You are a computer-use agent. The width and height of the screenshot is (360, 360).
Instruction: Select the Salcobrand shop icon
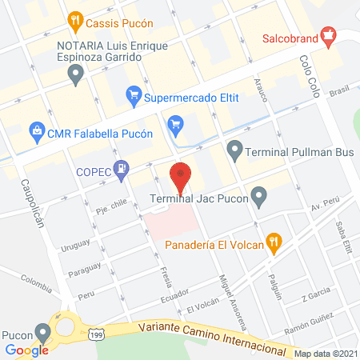(x=326, y=36)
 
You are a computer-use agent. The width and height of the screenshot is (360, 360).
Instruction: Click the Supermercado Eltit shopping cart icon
(x=134, y=98)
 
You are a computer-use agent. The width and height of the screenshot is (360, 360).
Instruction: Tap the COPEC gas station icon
(x=121, y=170)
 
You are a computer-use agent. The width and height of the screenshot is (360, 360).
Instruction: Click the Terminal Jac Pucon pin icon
(x=258, y=196)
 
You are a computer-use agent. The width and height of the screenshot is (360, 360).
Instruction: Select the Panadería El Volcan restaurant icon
(x=274, y=242)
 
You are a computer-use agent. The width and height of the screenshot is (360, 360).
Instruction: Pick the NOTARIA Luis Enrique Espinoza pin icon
(x=77, y=76)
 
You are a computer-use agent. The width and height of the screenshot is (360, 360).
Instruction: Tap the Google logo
(x=27, y=350)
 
